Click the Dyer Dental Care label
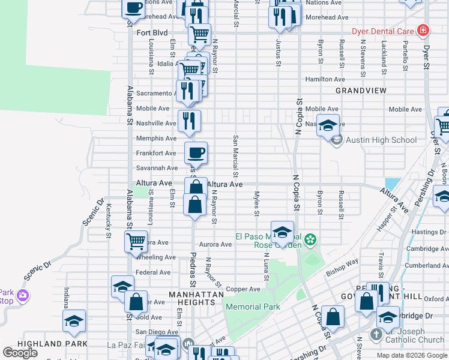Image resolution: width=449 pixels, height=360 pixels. pos(385,29)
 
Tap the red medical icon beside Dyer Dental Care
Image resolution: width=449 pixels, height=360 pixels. pos(423,29)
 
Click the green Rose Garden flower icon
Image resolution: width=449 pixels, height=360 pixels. pos(310,241)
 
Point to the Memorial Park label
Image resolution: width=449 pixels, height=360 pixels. pos(253,307)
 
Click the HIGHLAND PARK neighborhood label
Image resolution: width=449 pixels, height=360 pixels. pos(45,344)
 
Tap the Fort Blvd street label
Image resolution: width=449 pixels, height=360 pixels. pos(152,33)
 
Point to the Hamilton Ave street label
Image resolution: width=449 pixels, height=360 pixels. pos(325,79)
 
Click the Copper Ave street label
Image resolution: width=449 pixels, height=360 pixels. pos(243,289)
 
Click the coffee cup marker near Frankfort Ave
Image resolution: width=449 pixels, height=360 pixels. pos(196,152)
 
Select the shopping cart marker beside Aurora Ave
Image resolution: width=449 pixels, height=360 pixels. pos(136,241)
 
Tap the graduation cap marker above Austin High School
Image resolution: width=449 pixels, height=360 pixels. pos(328,125)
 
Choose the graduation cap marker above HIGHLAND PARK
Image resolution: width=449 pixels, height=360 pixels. pos(74,321)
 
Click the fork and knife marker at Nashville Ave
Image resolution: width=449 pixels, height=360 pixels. pos(190,121)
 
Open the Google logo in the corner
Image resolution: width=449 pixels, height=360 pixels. pos(20,353)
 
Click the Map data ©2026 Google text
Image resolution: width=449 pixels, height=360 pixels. pos(411,355)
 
